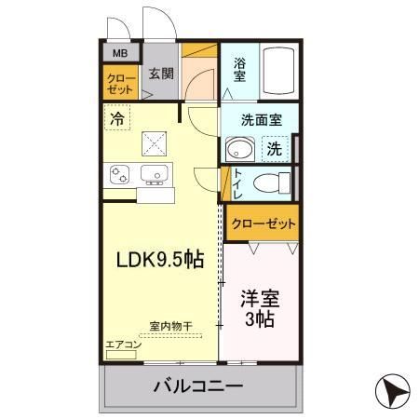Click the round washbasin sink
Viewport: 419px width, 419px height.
point(239,150)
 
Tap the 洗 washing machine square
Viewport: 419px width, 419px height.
point(275,148)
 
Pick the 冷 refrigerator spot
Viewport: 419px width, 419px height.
point(117,119)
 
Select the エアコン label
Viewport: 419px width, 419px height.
point(123,345)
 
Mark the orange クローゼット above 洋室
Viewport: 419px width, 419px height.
point(263,223)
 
